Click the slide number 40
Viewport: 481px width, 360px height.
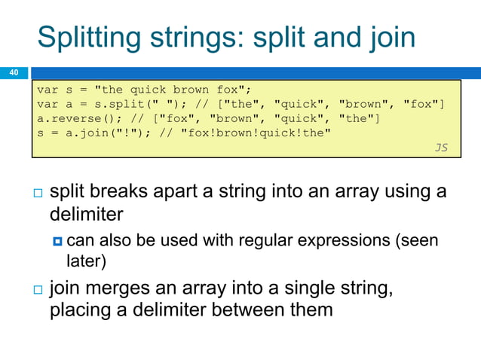pyautogui.click(x=13, y=73)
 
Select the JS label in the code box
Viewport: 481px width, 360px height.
pyautogui.click(x=441, y=148)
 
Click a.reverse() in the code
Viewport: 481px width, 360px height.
pyautogui.click(x=73, y=119)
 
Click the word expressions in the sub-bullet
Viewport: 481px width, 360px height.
pyautogui.click(x=349, y=241)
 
